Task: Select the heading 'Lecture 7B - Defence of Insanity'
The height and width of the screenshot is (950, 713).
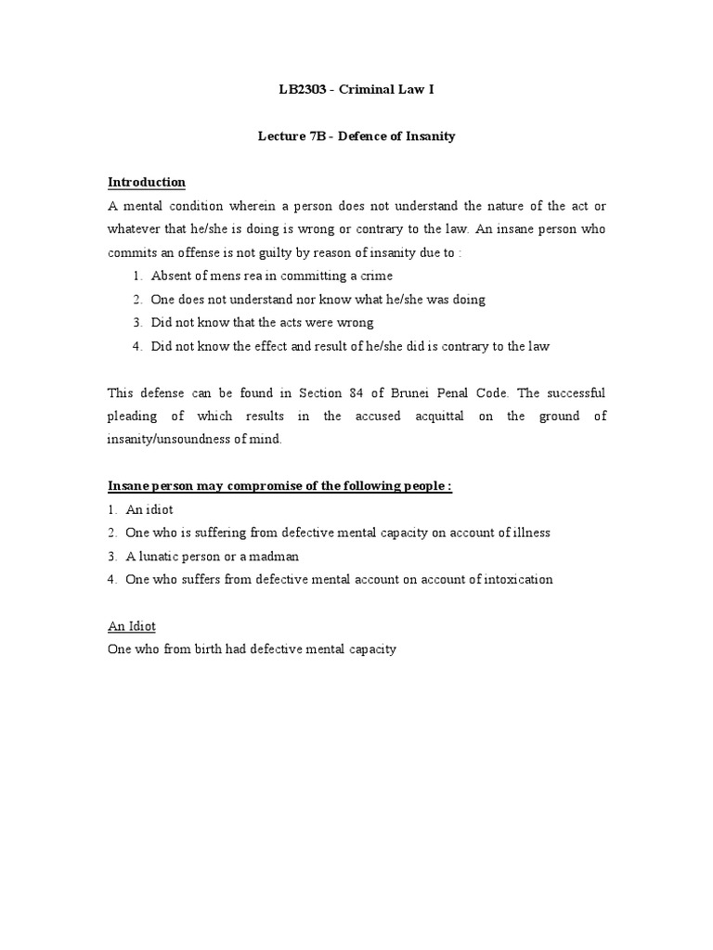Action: click(x=356, y=136)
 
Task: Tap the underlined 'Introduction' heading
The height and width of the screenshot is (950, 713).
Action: click(x=147, y=182)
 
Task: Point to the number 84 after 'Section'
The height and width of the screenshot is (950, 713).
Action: click(x=359, y=392)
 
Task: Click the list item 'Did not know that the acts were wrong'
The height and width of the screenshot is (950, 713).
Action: click(x=263, y=322)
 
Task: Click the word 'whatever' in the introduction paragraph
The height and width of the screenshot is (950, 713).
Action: click(x=136, y=229)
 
